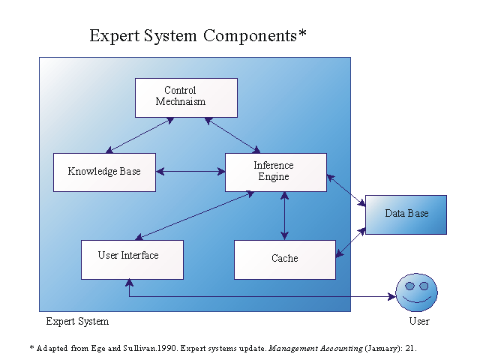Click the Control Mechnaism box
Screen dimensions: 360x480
coord(186,97)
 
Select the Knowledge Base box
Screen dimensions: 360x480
coord(104,172)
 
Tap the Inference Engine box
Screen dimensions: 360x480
coord(275,172)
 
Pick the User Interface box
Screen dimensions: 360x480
coord(132,259)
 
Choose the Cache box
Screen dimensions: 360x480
coord(284,259)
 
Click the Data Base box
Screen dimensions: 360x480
coord(406,214)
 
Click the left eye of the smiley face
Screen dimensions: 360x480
coord(410,286)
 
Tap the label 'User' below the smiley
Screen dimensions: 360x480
coord(419,322)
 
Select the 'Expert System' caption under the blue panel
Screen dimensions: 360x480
coord(77,322)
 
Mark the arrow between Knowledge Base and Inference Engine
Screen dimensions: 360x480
coord(190,172)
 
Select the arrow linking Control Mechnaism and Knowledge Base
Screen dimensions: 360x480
coord(139,135)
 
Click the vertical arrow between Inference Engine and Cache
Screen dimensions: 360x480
coord(284,216)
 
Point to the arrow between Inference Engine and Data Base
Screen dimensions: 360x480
coord(346,190)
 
